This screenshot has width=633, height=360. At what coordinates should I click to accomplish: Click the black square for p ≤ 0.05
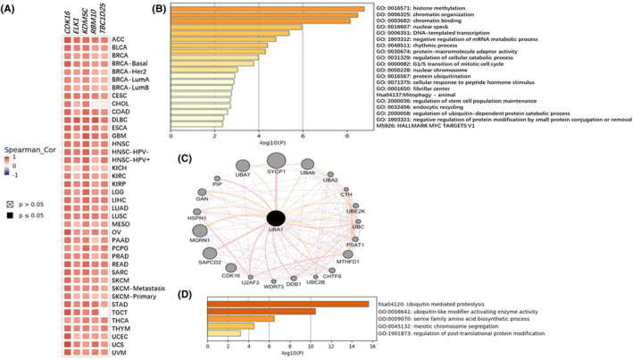click(x=10, y=217)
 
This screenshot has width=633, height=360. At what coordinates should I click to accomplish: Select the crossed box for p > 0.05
click(x=10, y=204)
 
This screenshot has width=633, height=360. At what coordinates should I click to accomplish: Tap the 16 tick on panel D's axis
click(x=371, y=343)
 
